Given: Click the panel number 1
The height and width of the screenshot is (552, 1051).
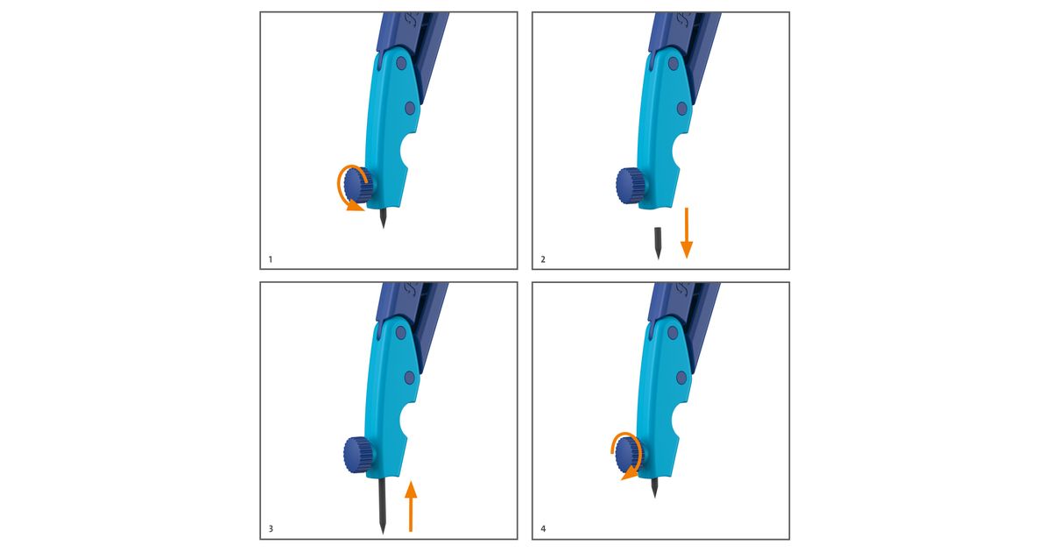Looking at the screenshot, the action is click(271, 259).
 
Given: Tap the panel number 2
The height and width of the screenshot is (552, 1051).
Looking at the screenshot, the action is click(543, 259).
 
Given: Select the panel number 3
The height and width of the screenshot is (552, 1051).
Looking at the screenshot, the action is click(271, 529).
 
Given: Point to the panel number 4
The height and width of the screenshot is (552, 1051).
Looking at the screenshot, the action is click(543, 529).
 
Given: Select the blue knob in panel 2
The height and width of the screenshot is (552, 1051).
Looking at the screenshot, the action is click(631, 186).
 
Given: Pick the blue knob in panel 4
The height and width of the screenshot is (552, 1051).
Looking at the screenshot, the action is click(629, 454).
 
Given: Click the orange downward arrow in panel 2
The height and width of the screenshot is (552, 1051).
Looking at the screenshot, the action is click(687, 233).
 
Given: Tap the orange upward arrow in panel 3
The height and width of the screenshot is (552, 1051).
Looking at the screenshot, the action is click(411, 506).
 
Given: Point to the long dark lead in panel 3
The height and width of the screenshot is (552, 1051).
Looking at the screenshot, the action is click(383, 506).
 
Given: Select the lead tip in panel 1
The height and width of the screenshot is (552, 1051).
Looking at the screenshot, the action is click(384, 227).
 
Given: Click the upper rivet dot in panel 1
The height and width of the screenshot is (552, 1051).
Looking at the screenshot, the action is click(401, 63).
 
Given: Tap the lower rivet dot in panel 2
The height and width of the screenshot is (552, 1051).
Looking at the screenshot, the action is click(681, 109).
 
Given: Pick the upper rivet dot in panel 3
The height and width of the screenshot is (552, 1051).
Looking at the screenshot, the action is click(401, 333).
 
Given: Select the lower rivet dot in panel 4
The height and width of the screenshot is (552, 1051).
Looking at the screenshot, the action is click(681, 378).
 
